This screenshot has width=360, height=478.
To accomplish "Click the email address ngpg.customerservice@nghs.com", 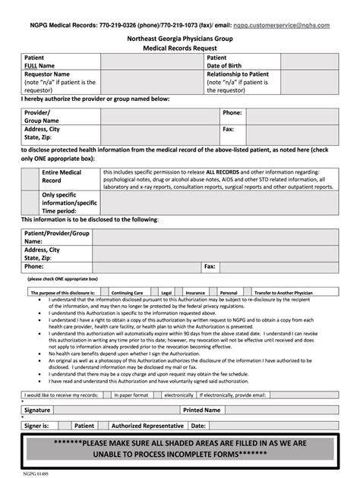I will click(x=281, y=25).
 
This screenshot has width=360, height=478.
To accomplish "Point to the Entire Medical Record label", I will click(x=62, y=177).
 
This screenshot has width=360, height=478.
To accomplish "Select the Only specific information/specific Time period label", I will click(x=69, y=203).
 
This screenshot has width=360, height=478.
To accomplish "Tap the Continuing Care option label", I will click(x=127, y=291).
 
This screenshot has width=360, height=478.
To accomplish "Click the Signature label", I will click(x=36, y=410).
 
